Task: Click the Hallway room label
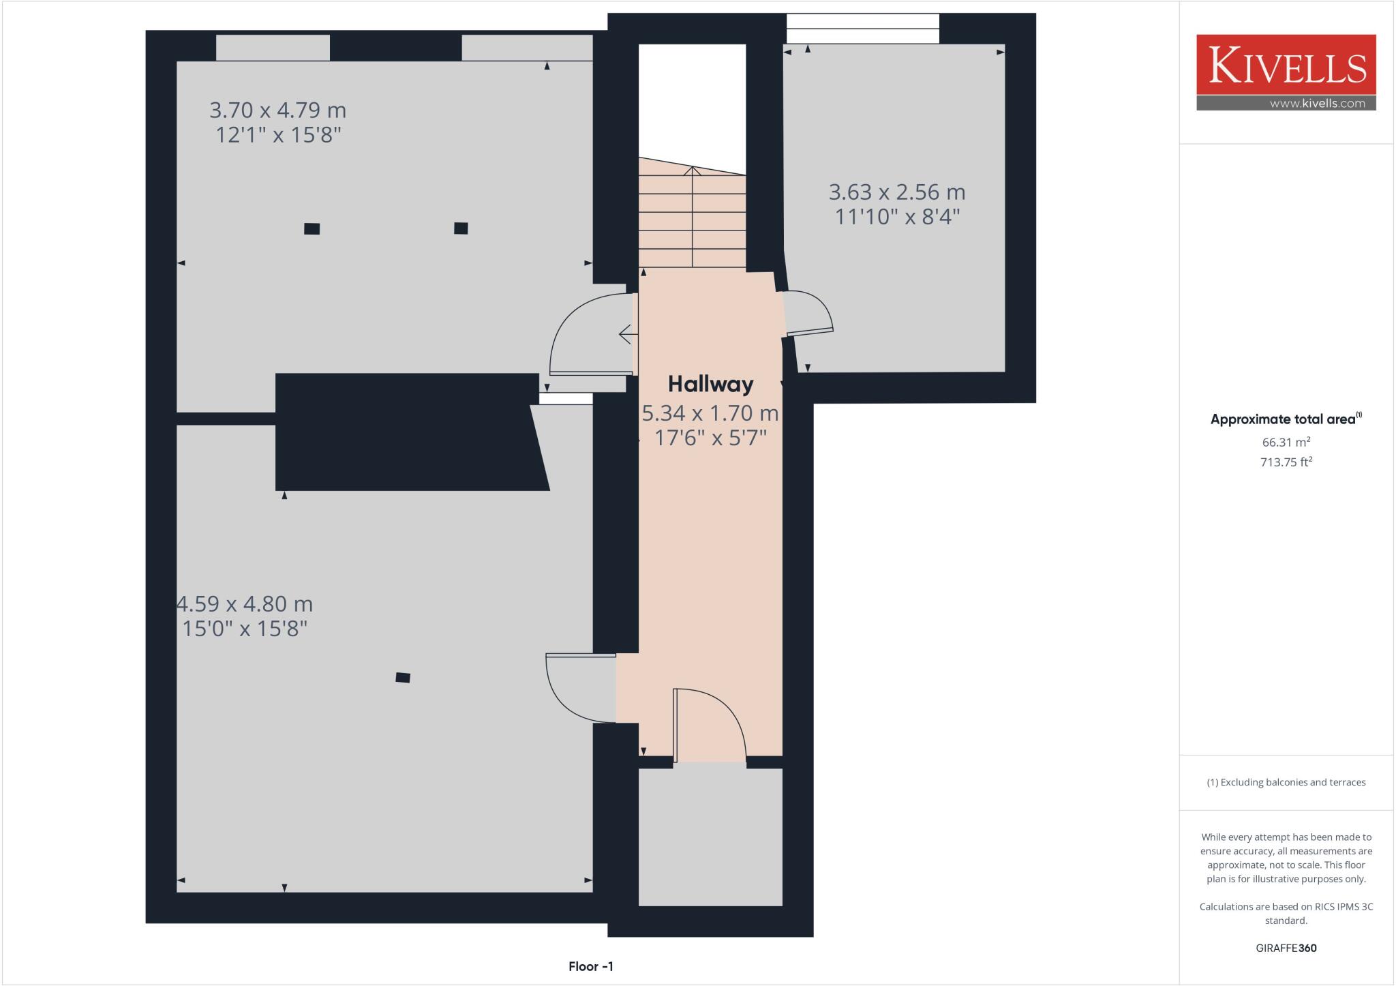[710, 384]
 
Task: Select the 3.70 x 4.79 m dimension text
[277, 110]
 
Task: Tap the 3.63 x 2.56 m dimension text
[896, 192]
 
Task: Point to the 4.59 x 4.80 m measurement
[245, 604]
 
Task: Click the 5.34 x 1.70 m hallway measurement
[710, 413]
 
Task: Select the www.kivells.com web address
[1317, 104]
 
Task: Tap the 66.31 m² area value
[1286, 442]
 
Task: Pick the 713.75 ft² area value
[1286, 462]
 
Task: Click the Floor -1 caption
[591, 966]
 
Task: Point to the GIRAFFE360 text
[1286, 948]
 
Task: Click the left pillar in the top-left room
[312, 229]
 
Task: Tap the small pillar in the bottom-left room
[403, 677]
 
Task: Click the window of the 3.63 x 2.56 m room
[862, 29]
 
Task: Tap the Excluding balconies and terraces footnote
[1286, 782]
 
